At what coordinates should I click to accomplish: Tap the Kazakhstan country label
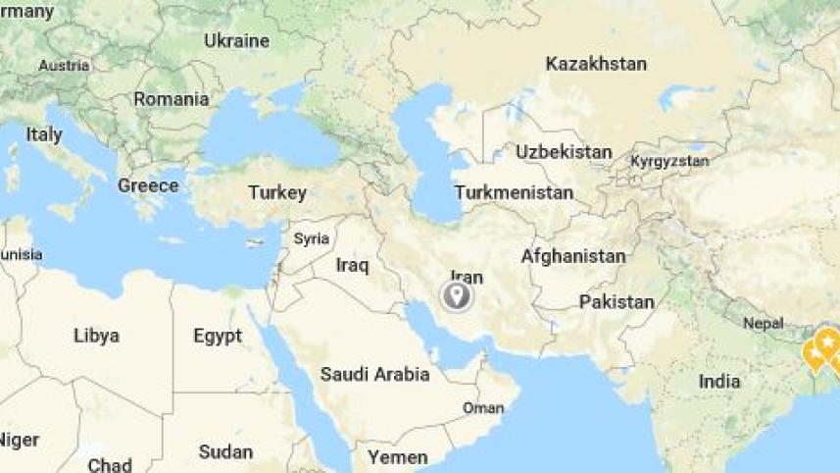(x=596, y=64)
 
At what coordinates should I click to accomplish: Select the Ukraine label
(x=236, y=41)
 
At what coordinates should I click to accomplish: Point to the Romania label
(x=172, y=99)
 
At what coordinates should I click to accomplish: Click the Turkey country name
(x=277, y=192)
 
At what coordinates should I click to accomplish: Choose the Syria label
(x=312, y=238)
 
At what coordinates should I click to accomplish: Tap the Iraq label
(x=351, y=265)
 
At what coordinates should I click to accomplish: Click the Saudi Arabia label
(x=374, y=374)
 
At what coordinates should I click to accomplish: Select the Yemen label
(x=397, y=457)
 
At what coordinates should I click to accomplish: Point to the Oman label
(x=483, y=407)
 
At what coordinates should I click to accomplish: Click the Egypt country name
(x=218, y=337)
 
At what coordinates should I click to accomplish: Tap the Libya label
(x=96, y=336)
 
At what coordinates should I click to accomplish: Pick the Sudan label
(x=225, y=452)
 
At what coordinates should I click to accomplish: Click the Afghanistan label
(x=572, y=256)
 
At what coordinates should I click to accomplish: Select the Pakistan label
(x=617, y=301)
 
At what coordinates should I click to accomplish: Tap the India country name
(x=719, y=382)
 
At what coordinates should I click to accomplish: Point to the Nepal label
(x=764, y=323)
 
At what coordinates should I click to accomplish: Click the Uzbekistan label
(x=564, y=152)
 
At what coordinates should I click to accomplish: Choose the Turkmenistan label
(x=514, y=192)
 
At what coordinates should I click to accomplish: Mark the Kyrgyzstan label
(x=669, y=160)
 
